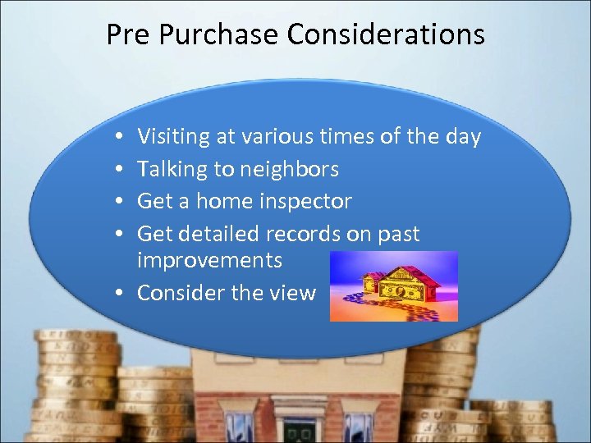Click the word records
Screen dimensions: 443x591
click(300, 234)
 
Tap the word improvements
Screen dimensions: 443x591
click(209, 261)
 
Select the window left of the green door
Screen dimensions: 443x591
click(239, 427)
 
